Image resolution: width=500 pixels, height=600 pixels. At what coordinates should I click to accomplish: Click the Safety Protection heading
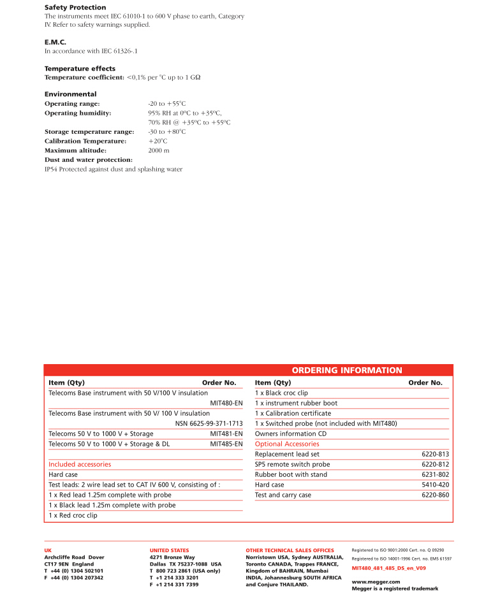click(x=75, y=8)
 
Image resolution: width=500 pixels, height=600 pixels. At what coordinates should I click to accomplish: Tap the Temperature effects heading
click(x=80, y=68)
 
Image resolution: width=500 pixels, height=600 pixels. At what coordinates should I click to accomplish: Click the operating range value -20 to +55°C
click(x=166, y=103)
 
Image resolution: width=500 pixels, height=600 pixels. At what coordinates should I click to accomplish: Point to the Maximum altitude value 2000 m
click(x=159, y=150)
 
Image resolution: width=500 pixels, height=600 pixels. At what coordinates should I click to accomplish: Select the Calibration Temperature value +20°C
click(x=158, y=141)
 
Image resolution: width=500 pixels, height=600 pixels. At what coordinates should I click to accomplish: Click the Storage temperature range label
click(x=89, y=131)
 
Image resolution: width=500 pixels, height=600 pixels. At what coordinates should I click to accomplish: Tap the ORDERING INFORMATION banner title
click(x=347, y=370)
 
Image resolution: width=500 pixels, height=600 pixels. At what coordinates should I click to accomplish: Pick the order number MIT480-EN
click(x=226, y=403)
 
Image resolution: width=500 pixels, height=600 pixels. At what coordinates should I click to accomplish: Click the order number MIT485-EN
click(x=226, y=444)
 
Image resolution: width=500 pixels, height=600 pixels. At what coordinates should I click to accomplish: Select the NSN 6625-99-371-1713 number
click(x=209, y=423)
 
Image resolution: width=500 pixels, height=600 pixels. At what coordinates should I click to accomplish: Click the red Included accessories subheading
click(x=80, y=464)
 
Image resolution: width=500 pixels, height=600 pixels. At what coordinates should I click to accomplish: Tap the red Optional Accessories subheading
click(x=287, y=444)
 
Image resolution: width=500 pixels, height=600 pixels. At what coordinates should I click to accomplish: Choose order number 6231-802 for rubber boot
click(x=435, y=474)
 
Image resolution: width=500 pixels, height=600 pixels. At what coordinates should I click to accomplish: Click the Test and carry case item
click(x=283, y=495)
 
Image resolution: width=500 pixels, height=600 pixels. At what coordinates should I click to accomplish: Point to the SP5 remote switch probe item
click(x=292, y=464)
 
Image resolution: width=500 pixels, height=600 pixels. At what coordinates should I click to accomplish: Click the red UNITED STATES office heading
click(x=169, y=550)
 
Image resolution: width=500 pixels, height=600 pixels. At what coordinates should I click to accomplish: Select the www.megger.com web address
click(x=376, y=582)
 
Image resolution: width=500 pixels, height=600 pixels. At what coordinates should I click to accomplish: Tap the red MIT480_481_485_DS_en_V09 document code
click(x=389, y=567)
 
